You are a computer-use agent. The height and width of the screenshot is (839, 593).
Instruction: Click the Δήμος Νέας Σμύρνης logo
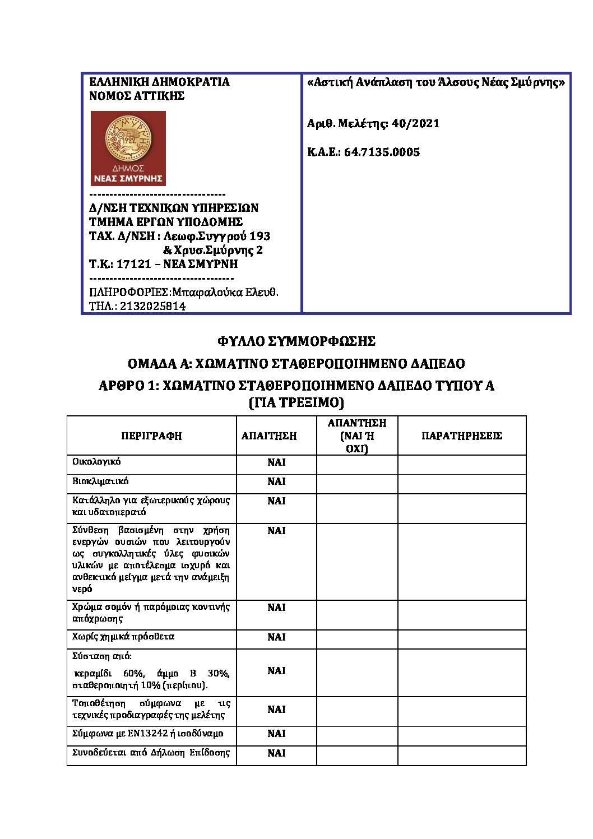click(128, 148)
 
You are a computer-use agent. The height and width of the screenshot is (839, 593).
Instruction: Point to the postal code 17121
click(134, 264)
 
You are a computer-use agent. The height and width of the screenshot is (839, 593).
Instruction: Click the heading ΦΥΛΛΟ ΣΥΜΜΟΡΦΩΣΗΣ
click(296, 341)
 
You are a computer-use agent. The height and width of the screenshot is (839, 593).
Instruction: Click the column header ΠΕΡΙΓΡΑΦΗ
click(152, 436)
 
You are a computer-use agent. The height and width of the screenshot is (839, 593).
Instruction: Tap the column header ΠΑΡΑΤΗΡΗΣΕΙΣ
click(462, 436)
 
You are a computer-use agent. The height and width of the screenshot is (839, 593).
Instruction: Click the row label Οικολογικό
click(96, 462)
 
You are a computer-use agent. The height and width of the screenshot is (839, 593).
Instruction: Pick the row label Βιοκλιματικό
click(100, 481)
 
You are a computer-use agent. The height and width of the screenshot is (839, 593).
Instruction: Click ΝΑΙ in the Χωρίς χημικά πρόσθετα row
click(276, 637)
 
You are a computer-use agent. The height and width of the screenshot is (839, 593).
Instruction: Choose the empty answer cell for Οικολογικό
click(357, 465)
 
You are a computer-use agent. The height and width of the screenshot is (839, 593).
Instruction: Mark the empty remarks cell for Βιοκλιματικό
click(462, 484)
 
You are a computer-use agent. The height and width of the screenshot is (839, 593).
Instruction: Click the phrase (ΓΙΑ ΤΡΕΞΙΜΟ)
click(296, 402)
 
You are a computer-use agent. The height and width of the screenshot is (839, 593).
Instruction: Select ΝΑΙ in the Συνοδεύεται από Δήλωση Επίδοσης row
click(276, 753)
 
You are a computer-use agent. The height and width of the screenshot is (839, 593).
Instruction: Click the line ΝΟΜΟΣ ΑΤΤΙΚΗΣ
click(137, 96)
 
